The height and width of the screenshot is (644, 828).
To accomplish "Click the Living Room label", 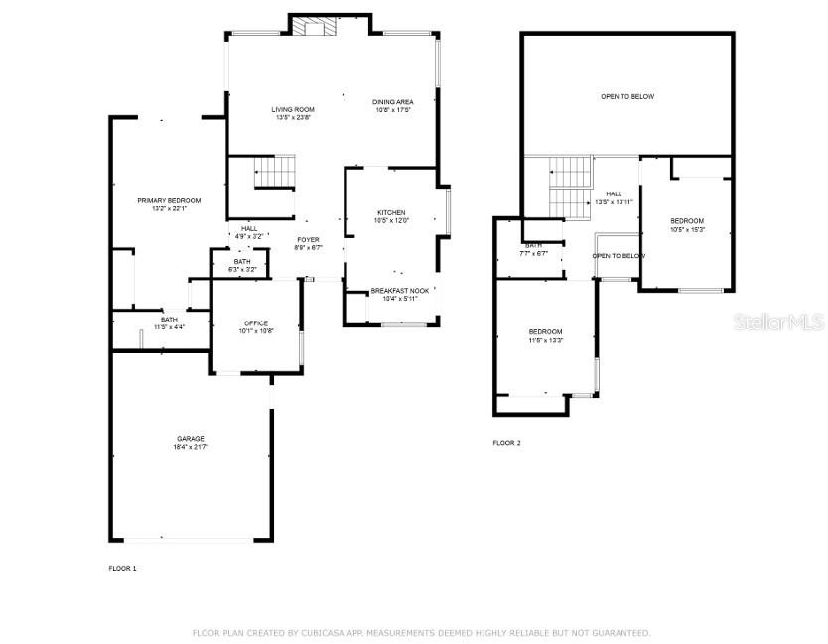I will click(x=293, y=113).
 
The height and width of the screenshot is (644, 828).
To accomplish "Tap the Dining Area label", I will click(x=392, y=106).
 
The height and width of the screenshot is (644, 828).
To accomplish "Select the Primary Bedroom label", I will click(x=162, y=204).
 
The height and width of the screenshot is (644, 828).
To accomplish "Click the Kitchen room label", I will click(x=391, y=217).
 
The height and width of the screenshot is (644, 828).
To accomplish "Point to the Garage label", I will click(x=191, y=443).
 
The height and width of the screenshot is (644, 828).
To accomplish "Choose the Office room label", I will click(x=256, y=327).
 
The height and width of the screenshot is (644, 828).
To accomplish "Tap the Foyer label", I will click(x=308, y=244).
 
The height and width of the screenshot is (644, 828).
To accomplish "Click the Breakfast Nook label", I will click(x=399, y=295).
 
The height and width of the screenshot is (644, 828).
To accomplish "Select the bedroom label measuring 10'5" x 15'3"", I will click(x=686, y=225).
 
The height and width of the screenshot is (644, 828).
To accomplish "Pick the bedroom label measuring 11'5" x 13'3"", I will click(x=545, y=336).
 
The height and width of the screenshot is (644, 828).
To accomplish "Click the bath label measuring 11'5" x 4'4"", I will click(x=169, y=323).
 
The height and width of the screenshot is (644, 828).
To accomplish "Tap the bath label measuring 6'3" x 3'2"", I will click(x=242, y=265).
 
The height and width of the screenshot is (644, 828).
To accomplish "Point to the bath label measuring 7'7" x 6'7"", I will click(x=534, y=249).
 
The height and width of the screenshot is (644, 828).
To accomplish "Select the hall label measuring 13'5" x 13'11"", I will click(x=614, y=198).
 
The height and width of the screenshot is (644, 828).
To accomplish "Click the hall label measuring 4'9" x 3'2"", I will click(x=249, y=233).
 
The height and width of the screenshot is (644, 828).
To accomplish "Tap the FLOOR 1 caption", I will click(x=122, y=568).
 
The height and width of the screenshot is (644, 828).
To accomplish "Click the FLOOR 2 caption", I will click(x=506, y=443).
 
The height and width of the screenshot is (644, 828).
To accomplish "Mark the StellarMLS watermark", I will click(x=774, y=322).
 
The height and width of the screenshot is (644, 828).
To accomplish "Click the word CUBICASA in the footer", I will click(x=311, y=632).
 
